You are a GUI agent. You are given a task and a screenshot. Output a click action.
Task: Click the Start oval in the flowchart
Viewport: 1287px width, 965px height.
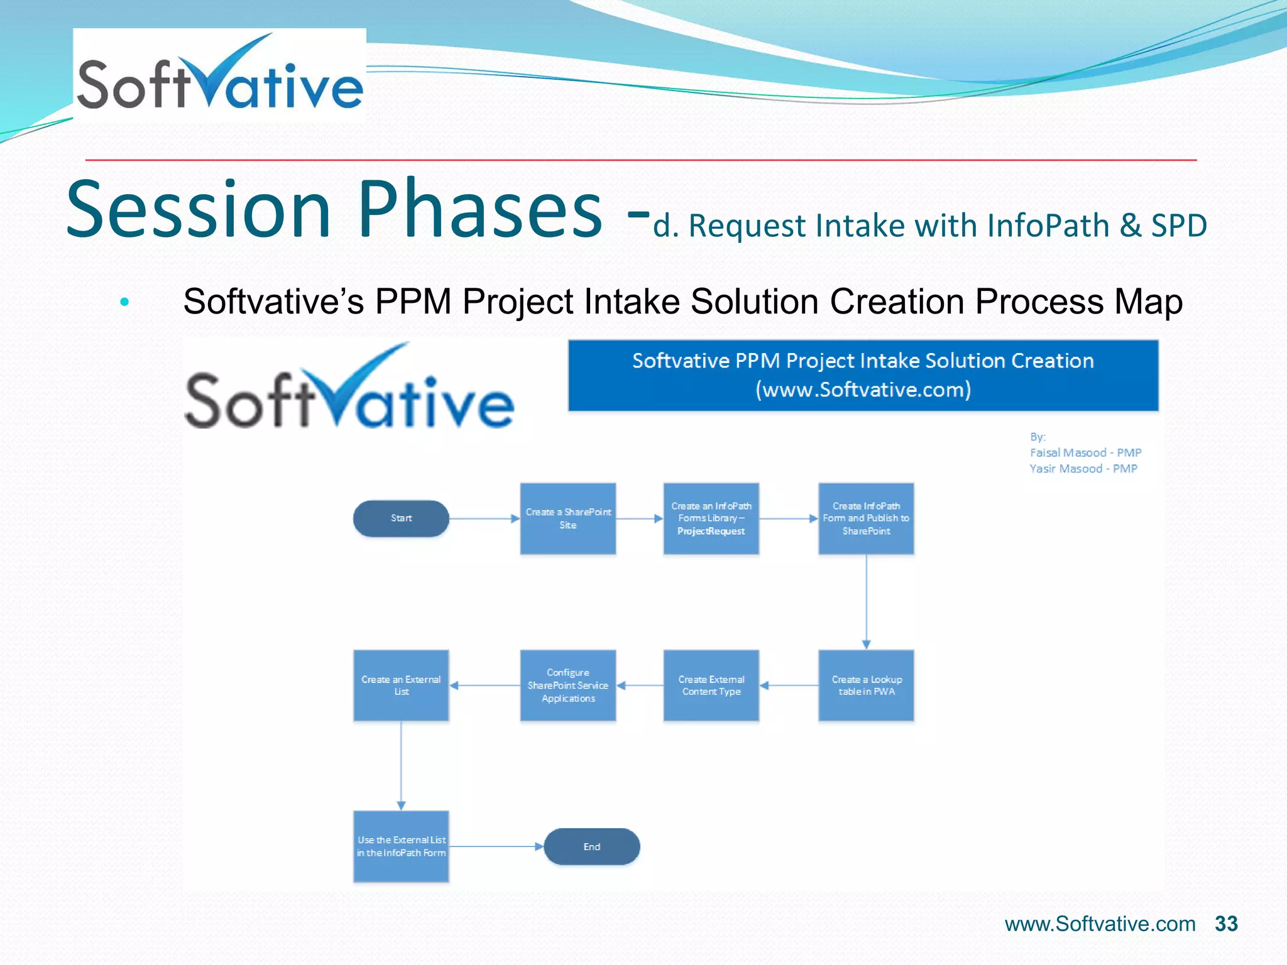401,518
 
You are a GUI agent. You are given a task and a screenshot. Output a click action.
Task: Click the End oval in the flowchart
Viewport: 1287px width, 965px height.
591,846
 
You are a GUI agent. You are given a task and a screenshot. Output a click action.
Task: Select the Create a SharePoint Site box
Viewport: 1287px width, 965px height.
568,518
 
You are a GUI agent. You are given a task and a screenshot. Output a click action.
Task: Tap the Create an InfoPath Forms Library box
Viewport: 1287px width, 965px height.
711,518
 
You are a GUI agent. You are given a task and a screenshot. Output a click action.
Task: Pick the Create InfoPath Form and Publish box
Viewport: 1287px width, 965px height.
866,518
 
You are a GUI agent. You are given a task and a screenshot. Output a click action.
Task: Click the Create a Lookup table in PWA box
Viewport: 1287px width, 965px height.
866,685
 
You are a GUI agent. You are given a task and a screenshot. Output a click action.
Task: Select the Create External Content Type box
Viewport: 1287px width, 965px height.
711,685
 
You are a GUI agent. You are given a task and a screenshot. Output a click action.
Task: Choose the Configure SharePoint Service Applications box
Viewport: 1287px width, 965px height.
568,685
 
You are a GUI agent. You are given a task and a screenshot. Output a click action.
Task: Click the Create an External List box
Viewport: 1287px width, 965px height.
401,685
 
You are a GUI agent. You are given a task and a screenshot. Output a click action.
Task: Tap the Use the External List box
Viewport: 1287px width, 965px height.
401,846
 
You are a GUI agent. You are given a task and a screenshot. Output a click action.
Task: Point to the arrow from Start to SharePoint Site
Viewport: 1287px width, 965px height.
484,518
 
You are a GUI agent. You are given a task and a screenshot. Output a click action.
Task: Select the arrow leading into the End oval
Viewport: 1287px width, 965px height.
496,846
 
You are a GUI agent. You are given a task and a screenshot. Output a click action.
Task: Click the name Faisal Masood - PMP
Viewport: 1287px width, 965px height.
1085,452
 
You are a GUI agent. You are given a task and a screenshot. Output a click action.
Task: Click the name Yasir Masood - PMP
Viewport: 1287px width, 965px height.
1083,469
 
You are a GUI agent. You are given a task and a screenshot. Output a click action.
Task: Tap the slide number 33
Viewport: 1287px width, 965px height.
1226,924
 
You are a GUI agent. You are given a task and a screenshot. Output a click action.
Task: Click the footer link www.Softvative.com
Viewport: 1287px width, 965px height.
1100,924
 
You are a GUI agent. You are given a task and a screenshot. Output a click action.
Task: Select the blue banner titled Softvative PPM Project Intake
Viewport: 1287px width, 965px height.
863,375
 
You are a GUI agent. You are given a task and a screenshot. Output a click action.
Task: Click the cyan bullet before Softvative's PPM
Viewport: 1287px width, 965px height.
124,302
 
